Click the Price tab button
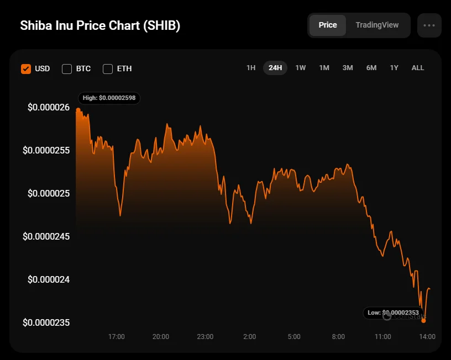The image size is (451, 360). click(x=328, y=25)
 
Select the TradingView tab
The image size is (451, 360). click(x=377, y=25)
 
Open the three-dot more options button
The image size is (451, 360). click(x=429, y=25)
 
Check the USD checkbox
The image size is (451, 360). click(x=26, y=69)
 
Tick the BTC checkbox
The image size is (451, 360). click(x=67, y=69)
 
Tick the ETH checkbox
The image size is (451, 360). click(x=108, y=69)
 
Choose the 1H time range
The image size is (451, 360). click(x=251, y=68)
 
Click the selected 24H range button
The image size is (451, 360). click(x=275, y=68)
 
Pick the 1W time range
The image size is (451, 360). click(x=301, y=68)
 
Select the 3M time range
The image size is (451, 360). click(x=348, y=68)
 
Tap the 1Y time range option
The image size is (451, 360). click(x=394, y=68)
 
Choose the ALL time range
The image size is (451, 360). click(x=418, y=68)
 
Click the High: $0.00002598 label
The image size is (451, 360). click(x=109, y=98)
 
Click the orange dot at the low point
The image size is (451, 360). click(x=424, y=320)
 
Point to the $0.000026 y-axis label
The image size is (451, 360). click(x=49, y=107)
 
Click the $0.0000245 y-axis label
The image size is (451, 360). click(x=46, y=236)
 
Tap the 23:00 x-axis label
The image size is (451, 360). click(x=205, y=337)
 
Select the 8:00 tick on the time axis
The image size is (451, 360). click(x=338, y=337)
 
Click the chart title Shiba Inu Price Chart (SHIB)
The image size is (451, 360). click(x=100, y=26)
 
